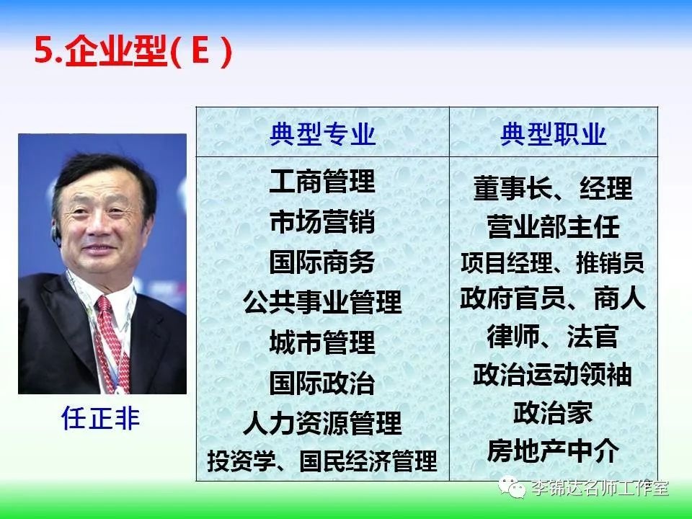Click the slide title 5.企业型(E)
pyautogui.click(x=133, y=52)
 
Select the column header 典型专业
pyautogui.click(x=323, y=134)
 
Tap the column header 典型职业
pyautogui.click(x=554, y=134)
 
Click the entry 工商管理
pyautogui.click(x=323, y=182)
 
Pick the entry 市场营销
pyautogui.click(x=323, y=221)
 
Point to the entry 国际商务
pyautogui.click(x=323, y=262)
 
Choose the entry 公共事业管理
pyautogui.click(x=323, y=302)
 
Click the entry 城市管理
pyautogui.click(x=323, y=342)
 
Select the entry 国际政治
pyautogui.click(x=323, y=383)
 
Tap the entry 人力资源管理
pyautogui.click(x=323, y=423)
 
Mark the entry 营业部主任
pyautogui.click(x=554, y=227)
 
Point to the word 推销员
pyautogui.click(x=611, y=263)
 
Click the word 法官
pyautogui.click(x=593, y=337)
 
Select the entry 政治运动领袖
pyautogui.click(x=553, y=375)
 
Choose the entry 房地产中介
pyautogui.click(x=554, y=451)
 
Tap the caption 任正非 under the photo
pyautogui.click(x=101, y=418)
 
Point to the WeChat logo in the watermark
pyautogui.click(x=512, y=487)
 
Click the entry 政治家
pyautogui.click(x=554, y=412)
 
